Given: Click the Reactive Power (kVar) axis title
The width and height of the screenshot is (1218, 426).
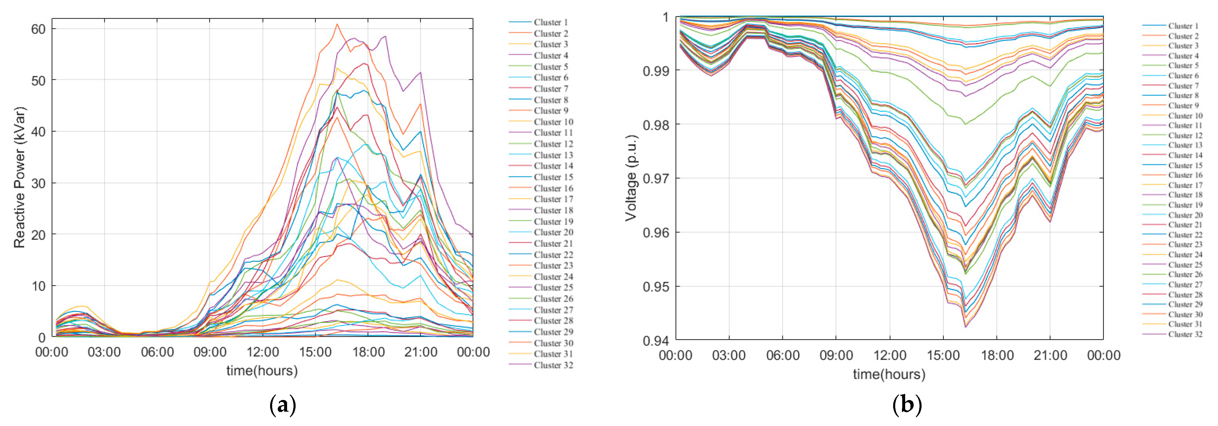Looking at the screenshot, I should [x=19, y=177].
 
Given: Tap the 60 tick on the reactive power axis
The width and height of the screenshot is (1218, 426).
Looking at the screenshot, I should [x=38, y=29].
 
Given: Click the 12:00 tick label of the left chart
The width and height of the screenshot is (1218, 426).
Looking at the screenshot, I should [x=263, y=352].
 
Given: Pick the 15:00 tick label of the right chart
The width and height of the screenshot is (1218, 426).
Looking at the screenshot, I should [x=943, y=355].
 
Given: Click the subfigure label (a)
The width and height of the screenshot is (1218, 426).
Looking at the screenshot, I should [x=282, y=405].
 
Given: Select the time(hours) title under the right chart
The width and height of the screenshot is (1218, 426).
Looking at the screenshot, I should [x=889, y=375].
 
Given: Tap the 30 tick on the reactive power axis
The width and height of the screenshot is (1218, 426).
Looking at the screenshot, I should [x=38, y=183].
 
